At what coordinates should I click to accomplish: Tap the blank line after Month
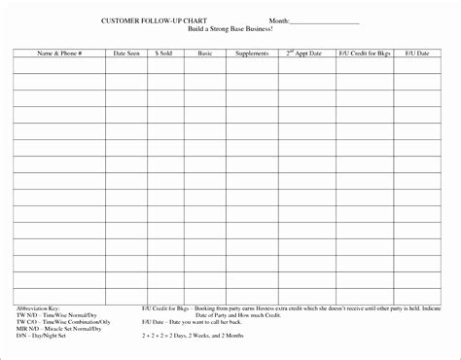[x=325, y=21]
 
